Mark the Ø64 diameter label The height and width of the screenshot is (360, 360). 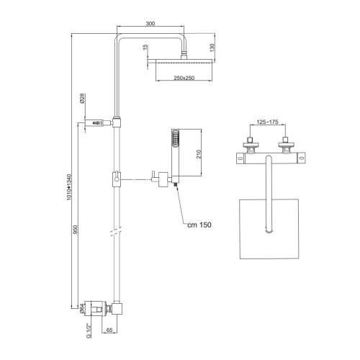(83, 309)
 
